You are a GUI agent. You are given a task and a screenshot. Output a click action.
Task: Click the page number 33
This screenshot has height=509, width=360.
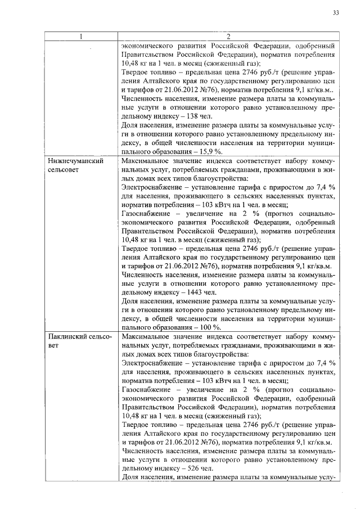pos(335,12)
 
